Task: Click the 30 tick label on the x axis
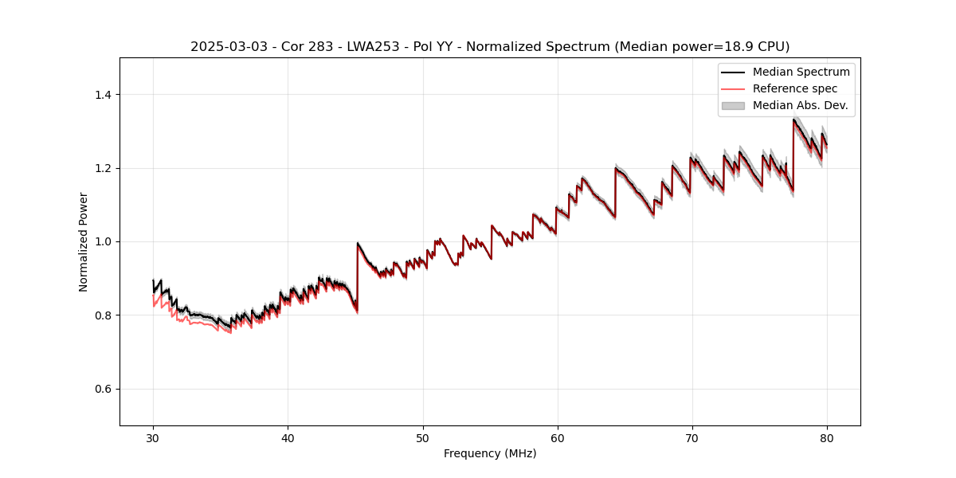click(x=154, y=437)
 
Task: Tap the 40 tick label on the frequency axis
click(x=288, y=437)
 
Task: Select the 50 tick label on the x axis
click(x=423, y=437)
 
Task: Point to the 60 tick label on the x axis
click(x=558, y=437)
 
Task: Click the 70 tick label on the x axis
click(x=692, y=437)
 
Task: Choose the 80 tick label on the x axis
click(x=827, y=437)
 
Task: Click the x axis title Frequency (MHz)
click(x=490, y=453)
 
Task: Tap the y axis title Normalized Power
click(x=84, y=241)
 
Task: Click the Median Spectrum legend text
click(x=801, y=72)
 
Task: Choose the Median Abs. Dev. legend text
click(x=800, y=105)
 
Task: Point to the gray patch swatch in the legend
click(x=733, y=105)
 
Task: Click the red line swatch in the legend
click(x=733, y=88)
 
